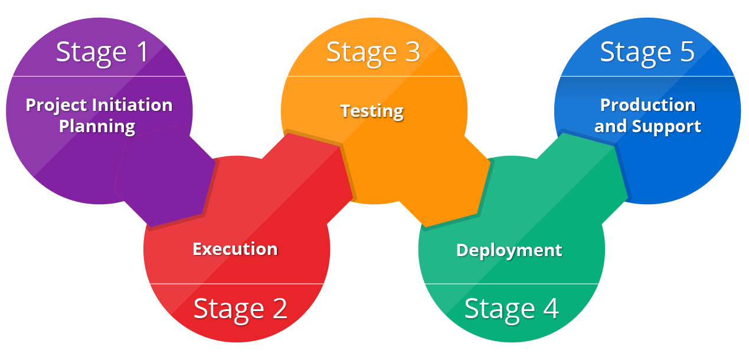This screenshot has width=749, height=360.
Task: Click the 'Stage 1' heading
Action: (x=103, y=52)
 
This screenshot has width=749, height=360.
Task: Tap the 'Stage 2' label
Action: (x=240, y=308)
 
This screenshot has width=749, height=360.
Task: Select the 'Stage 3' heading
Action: (x=373, y=52)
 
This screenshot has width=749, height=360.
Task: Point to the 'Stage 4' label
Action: (x=511, y=308)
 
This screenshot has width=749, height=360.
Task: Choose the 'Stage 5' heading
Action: (x=647, y=52)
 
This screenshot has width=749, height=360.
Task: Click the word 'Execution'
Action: (x=235, y=249)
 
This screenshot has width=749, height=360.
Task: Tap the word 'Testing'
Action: (x=372, y=111)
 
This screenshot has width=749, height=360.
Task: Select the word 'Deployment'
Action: (x=509, y=250)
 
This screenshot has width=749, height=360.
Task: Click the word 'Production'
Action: (x=647, y=105)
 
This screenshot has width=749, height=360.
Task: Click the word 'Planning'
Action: (x=97, y=126)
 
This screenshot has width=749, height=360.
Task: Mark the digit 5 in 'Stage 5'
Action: (x=686, y=52)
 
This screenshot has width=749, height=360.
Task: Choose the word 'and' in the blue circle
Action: (x=611, y=126)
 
